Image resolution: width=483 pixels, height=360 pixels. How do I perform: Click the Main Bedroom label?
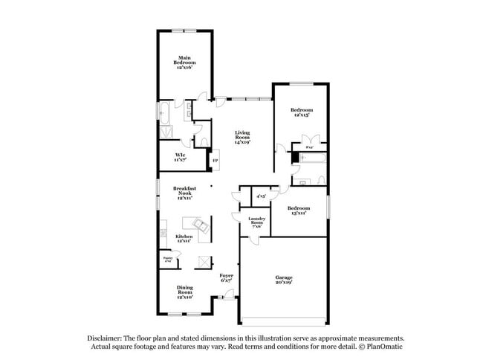184,62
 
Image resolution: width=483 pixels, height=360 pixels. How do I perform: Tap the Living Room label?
242,137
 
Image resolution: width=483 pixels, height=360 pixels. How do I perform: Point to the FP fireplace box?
215,161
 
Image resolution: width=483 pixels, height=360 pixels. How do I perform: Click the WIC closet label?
180,157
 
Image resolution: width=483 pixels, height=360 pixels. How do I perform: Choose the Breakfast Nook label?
184,193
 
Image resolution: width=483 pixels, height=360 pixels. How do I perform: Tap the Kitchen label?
184,238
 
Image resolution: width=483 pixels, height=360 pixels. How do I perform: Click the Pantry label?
167,260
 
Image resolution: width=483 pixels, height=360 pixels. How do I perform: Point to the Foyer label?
227,278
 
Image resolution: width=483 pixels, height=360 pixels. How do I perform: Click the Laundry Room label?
256,222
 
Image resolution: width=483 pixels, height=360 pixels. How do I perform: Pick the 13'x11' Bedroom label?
298,210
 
